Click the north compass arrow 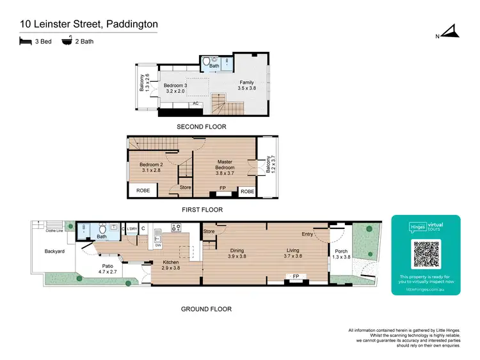pos(452,31)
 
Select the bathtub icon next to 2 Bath pos(67,42)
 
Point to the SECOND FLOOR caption pos(202,127)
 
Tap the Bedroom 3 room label pos(175,86)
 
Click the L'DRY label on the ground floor pos(132,228)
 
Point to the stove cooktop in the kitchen pos(175,226)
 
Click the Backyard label pos(54,251)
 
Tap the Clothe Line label pos(54,231)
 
